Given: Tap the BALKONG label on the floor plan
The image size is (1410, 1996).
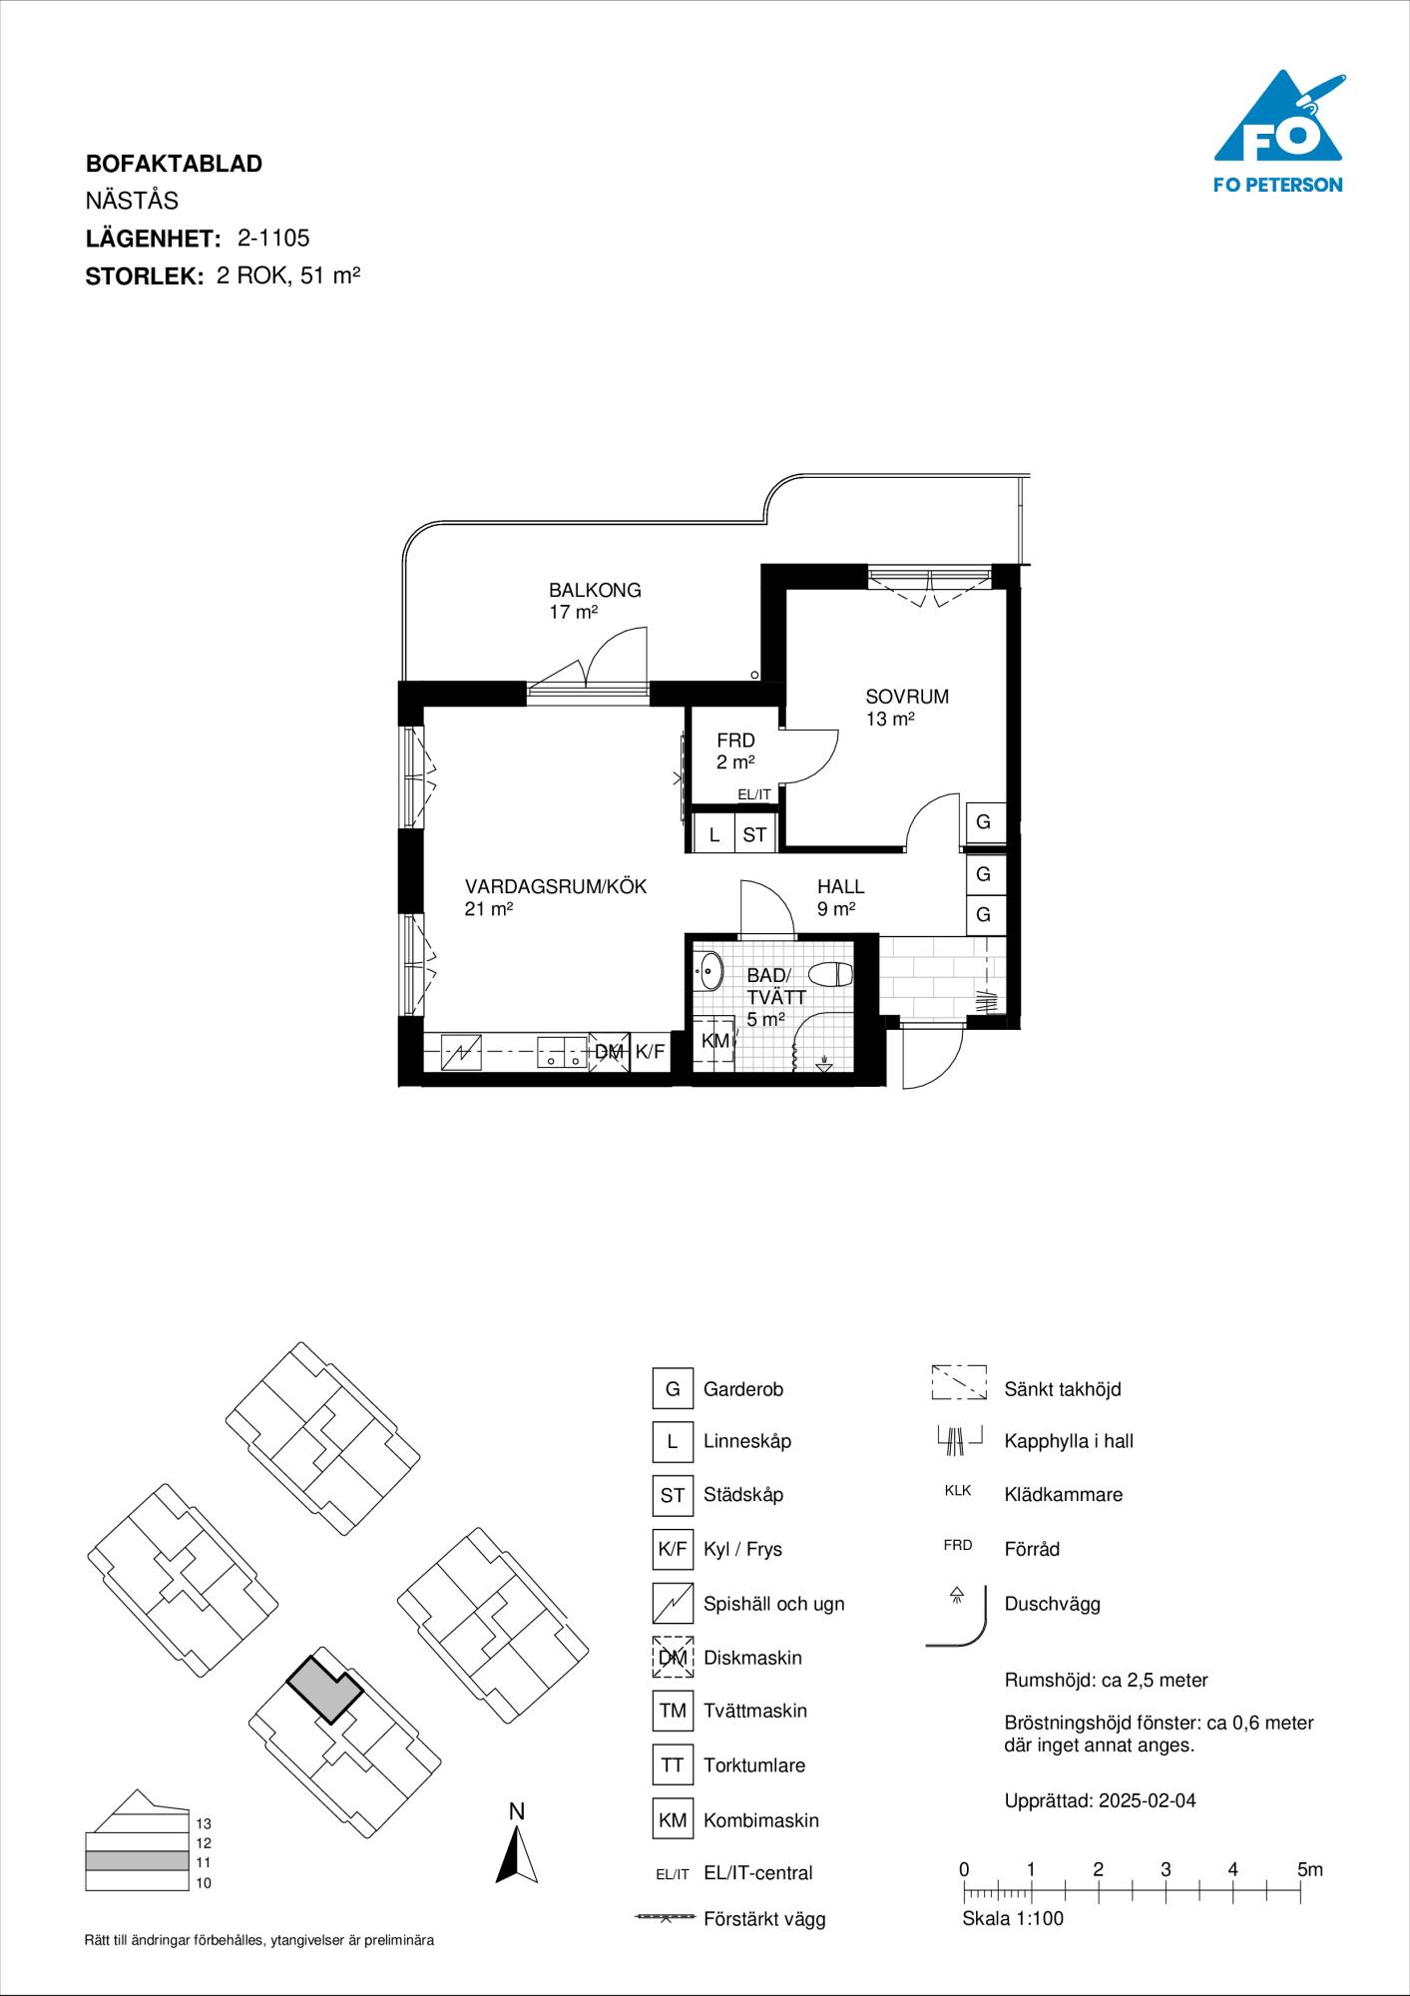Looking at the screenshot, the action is point(595,590).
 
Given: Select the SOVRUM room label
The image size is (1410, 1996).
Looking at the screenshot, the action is point(907,697).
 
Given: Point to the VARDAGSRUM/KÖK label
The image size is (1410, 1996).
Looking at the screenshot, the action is point(556,886).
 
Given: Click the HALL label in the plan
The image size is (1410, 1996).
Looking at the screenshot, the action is point(841,886).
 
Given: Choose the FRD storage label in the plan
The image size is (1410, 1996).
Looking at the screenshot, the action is point(735,741).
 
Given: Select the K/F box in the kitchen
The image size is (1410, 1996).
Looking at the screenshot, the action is point(650,1051).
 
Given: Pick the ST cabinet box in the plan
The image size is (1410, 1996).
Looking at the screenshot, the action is point(754,834).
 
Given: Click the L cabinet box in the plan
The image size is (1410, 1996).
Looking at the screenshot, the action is point(714,834).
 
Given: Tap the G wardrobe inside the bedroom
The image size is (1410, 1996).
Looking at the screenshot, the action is point(984,822).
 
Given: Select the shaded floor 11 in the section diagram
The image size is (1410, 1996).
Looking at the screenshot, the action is point(137,1861).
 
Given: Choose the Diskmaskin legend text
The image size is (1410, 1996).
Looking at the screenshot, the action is point(752,1658).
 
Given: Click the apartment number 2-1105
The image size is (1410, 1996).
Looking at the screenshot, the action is point(273,238).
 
